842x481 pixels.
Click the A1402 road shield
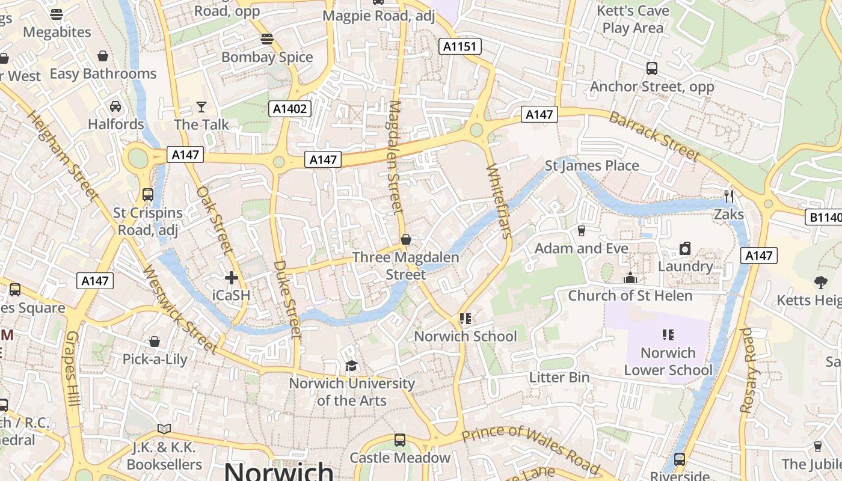coord(289,109)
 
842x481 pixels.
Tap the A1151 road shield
coord(459,46)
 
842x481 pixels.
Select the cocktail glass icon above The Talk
coord(201,107)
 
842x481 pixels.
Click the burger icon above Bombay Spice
coord(267,40)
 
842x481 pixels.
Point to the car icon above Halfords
coord(115,106)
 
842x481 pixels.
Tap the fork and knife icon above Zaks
coord(729,197)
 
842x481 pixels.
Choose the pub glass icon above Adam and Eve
coord(581,230)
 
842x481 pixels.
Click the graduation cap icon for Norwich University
coord(351,366)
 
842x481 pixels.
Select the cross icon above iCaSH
coord(231,278)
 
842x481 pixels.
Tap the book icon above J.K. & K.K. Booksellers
coord(164,429)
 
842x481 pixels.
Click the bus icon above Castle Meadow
coord(400,440)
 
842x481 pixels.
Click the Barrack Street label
coord(654,136)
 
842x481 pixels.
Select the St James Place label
coord(592,165)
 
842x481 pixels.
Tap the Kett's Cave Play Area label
coord(633,19)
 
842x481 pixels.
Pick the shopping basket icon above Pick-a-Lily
coord(155,342)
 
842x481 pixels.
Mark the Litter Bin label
coord(559,378)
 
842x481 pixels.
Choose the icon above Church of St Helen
coord(630,278)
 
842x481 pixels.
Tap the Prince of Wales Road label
coord(531,449)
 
